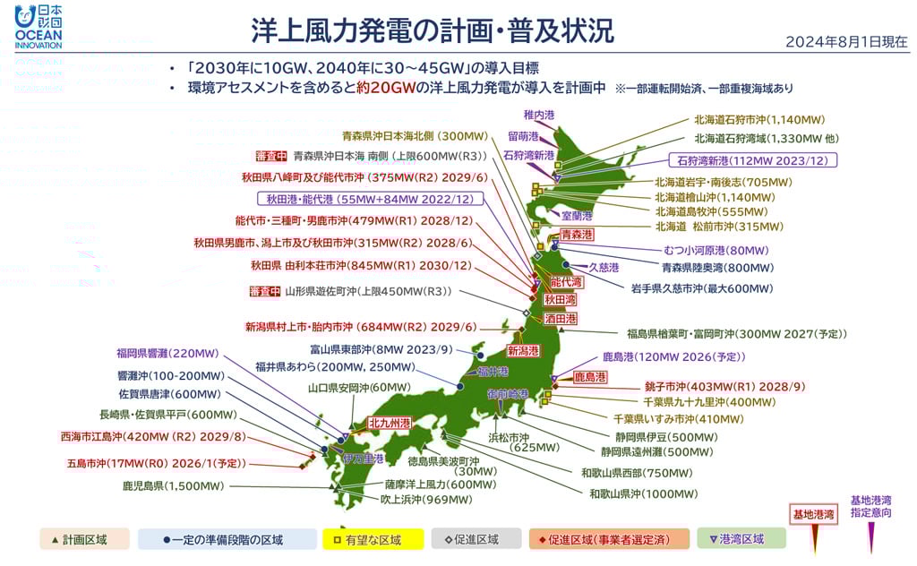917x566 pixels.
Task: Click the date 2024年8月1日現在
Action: [x=846, y=42]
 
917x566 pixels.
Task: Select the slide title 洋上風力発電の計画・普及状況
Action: [x=433, y=30]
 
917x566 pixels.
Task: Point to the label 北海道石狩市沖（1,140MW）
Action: [x=759, y=119]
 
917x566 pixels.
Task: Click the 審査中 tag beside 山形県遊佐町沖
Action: [x=264, y=291]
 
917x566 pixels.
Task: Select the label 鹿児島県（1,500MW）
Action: [x=174, y=486]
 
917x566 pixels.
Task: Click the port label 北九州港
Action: [x=390, y=423]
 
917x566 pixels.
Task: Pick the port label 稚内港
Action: [x=539, y=115]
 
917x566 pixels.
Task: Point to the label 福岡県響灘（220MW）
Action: [x=167, y=353]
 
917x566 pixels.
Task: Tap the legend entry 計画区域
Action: [x=85, y=539]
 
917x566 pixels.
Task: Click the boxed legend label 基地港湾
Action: [x=813, y=514]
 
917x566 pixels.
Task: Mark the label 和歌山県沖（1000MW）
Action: [x=643, y=493]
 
